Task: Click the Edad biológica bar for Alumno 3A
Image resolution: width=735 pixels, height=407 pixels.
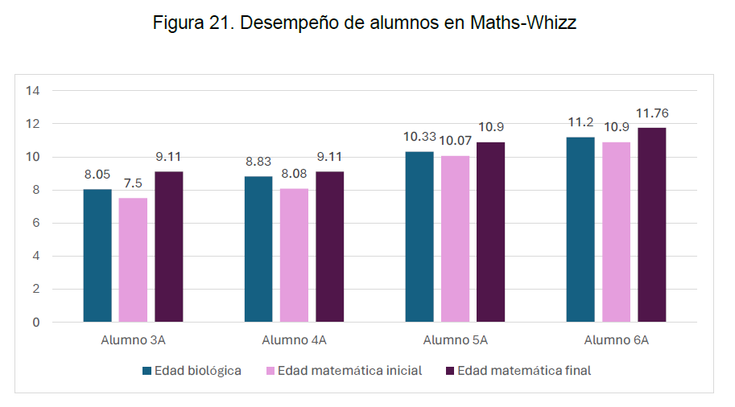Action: pyautogui.click(x=97, y=256)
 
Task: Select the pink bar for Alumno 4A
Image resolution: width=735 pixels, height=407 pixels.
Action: pyautogui.click(x=294, y=255)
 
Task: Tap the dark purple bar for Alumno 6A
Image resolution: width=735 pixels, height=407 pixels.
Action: pyautogui.click(x=652, y=224)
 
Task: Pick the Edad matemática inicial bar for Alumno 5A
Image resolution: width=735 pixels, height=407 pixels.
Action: pyautogui.click(x=455, y=239)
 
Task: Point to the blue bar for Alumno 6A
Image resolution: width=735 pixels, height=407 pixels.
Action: pyautogui.click(x=580, y=229)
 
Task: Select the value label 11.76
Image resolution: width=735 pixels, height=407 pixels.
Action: pyautogui.click(x=652, y=113)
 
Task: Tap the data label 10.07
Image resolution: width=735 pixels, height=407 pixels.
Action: pyautogui.click(x=455, y=141)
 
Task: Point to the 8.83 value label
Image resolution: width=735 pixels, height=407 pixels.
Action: pyautogui.click(x=258, y=161)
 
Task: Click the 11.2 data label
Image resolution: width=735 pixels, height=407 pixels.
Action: pyautogui.click(x=580, y=122)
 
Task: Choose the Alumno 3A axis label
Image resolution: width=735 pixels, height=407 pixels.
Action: pyautogui.click(x=134, y=340)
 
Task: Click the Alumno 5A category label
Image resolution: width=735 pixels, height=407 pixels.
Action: pyautogui.click(x=456, y=340)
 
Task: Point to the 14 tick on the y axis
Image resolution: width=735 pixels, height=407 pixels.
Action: pyautogui.click(x=33, y=91)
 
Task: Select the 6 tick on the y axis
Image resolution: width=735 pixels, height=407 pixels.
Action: pyautogui.click(x=36, y=223)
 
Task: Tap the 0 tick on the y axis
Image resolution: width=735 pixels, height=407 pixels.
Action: pyautogui.click(x=36, y=323)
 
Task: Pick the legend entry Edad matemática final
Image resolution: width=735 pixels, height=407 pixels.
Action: pyautogui.click(x=523, y=371)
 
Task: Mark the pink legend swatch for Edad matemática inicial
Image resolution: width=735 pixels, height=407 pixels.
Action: pyautogui.click(x=270, y=371)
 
